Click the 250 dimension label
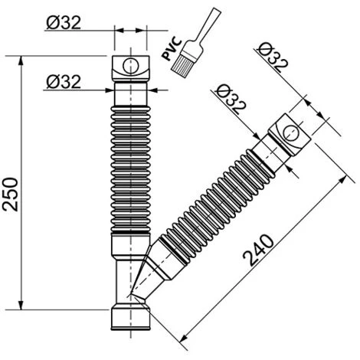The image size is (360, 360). [x=11, y=195]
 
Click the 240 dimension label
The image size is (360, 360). [x=258, y=250]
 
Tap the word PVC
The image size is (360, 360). [x=172, y=49]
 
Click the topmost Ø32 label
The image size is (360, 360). [x=64, y=22]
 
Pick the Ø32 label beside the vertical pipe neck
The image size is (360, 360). [x=64, y=82]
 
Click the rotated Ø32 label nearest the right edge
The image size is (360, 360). [x=273, y=57]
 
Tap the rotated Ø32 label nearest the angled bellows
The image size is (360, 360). [x=231, y=100]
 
